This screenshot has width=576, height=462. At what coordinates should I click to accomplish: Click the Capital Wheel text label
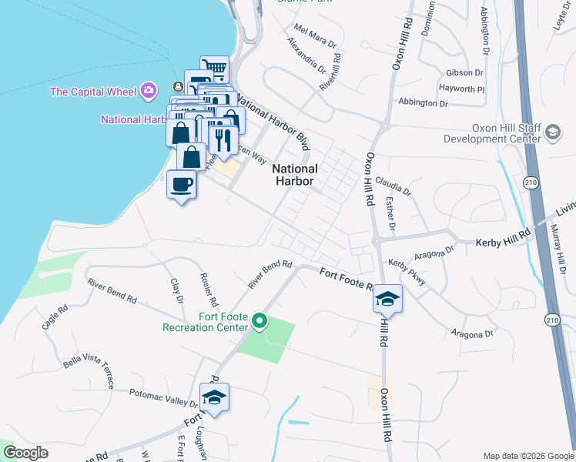pos(93,92)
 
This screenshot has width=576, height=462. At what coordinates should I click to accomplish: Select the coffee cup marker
pos(182,185)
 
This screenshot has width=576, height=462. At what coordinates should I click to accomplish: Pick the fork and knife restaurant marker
pos(223,140)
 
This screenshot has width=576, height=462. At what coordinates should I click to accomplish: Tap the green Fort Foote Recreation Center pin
pos(260,320)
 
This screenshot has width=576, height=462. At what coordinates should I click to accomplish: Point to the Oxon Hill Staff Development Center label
pos(491,134)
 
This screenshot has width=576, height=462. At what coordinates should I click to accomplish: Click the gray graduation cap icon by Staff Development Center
pos(552,134)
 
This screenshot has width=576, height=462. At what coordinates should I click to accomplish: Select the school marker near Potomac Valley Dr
pos(214,398)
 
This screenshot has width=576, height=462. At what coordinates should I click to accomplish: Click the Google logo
pos(25,454)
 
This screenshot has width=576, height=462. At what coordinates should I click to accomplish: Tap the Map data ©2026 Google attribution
pos(527,456)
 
